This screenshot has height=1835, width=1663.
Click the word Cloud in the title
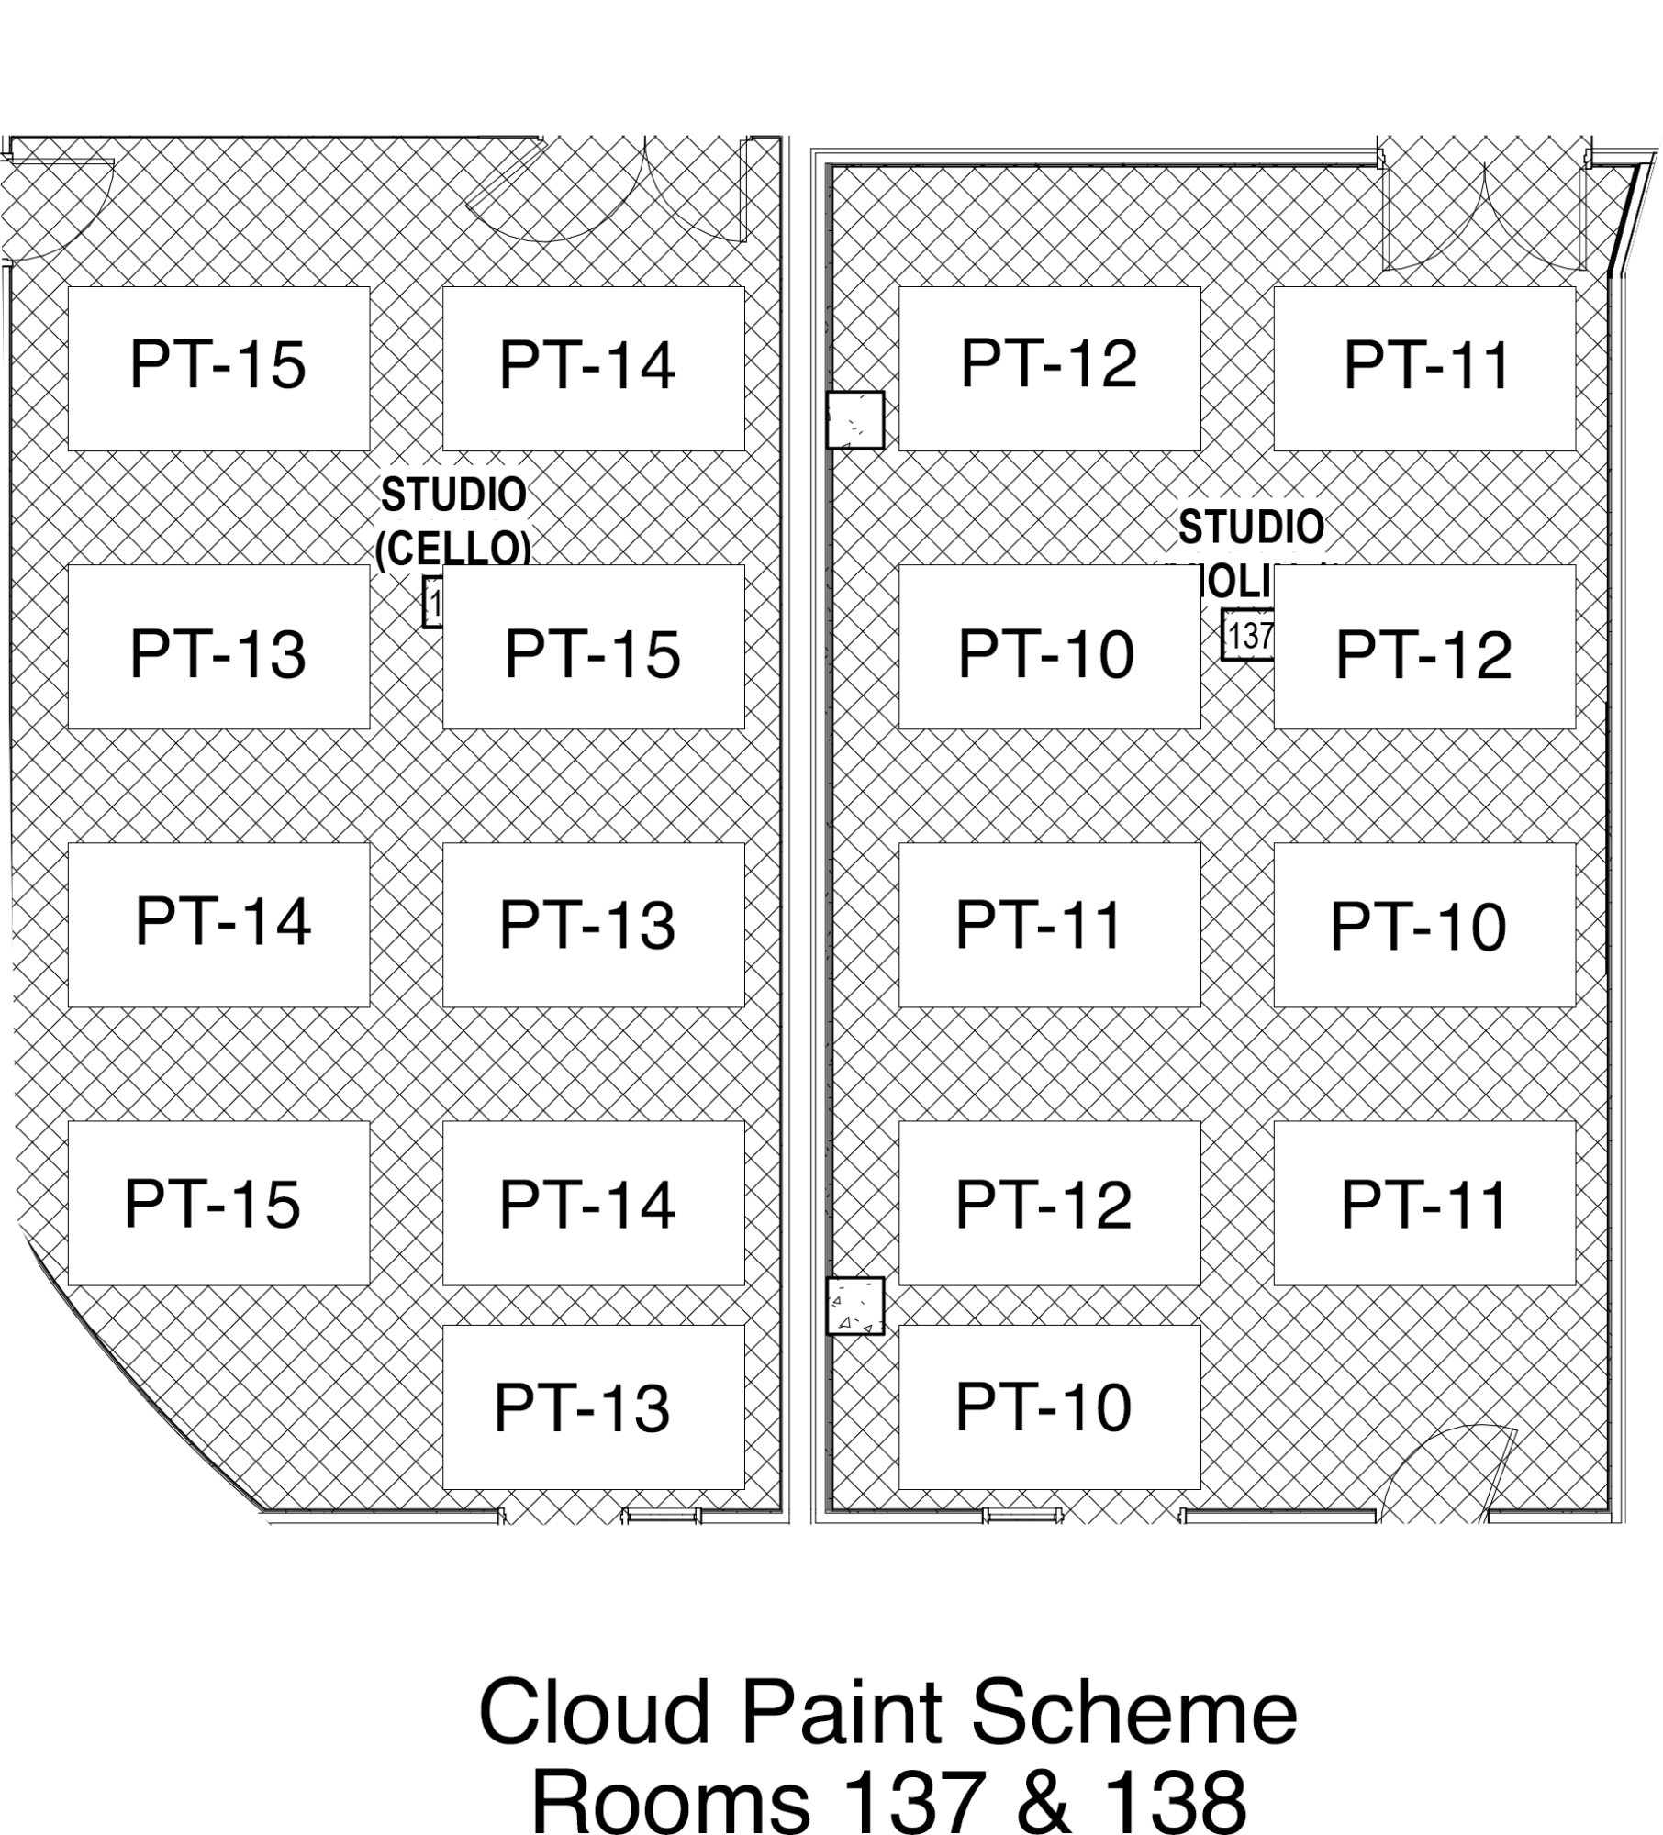[594, 1712]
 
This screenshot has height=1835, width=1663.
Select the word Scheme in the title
[1133, 1712]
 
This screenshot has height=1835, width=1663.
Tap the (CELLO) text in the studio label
[453, 549]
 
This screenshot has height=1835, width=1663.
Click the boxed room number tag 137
[1248, 635]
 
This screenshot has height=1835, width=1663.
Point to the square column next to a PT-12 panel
[854, 420]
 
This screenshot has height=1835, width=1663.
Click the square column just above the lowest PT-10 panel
[854, 1306]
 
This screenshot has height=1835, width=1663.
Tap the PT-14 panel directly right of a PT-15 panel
[593, 368]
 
